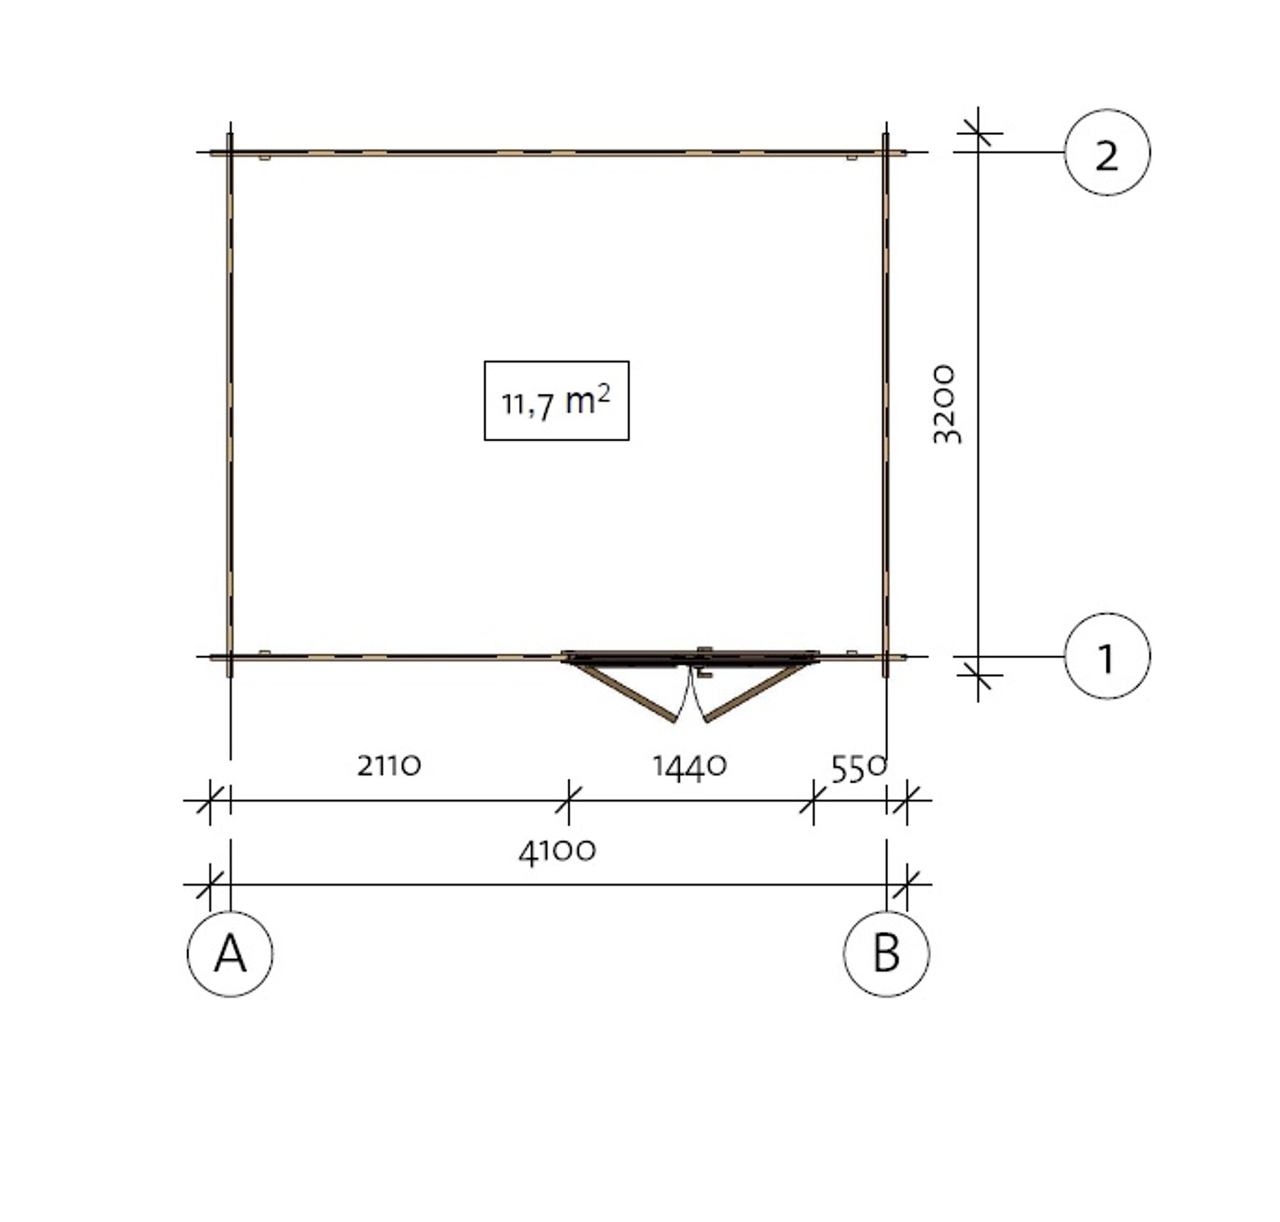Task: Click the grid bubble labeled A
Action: (230, 953)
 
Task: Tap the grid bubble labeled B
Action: (886, 953)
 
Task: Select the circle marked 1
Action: (1107, 656)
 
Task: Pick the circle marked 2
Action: (1107, 152)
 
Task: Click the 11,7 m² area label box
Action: (557, 401)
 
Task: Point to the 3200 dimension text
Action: (946, 404)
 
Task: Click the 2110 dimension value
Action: (389, 766)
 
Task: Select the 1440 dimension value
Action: (690, 767)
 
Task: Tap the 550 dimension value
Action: (859, 768)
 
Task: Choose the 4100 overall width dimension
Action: (558, 852)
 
